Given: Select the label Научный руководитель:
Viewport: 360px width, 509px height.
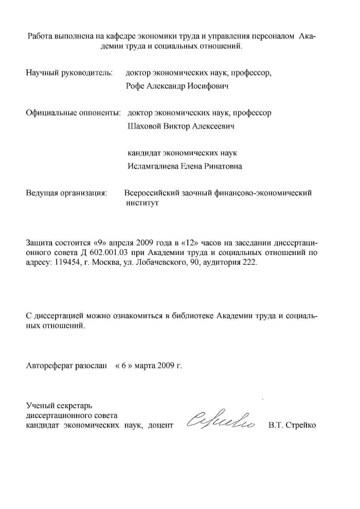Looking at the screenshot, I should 69,73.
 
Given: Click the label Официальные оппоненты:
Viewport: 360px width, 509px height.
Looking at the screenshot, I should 73,113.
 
